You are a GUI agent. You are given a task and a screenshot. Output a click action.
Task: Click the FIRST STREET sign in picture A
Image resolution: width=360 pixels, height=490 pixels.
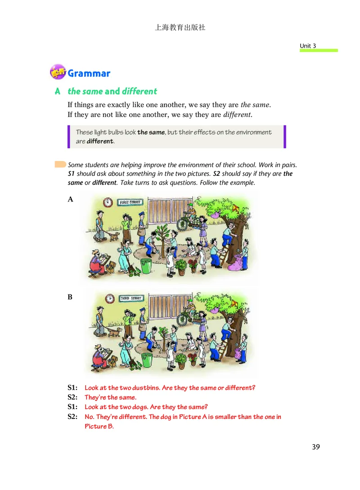[x=130, y=203]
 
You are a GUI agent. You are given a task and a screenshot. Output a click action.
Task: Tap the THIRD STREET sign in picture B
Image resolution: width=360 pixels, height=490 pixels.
[x=131, y=298]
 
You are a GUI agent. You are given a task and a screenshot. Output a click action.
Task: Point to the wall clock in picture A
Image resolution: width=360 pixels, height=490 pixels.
[x=108, y=203]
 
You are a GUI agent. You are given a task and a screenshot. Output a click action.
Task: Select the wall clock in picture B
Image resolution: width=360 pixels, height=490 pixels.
[x=109, y=298]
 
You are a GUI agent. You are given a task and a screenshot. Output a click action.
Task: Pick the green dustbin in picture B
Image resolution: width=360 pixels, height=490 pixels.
[x=147, y=360]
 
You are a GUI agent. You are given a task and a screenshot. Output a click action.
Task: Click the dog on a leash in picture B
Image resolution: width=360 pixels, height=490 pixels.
[x=115, y=332]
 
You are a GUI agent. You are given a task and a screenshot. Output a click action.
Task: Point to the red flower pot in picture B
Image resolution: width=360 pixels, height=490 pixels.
[x=193, y=359]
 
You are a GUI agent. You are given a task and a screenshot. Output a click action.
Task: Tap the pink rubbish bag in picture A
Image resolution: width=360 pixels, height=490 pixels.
[x=235, y=263]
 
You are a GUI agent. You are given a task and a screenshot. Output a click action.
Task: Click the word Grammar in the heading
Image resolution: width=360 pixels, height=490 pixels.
[x=89, y=73]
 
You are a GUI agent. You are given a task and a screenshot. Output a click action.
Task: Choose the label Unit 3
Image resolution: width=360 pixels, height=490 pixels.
[x=308, y=46]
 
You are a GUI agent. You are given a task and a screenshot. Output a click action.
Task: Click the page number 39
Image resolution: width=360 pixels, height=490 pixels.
[x=315, y=447]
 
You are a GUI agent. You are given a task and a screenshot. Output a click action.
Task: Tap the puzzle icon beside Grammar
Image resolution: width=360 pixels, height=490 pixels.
[x=58, y=72]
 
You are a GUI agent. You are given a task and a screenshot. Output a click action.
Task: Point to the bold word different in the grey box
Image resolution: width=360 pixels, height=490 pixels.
[x=101, y=141]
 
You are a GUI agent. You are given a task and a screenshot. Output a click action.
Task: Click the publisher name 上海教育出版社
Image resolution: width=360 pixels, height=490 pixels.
[x=180, y=27]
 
